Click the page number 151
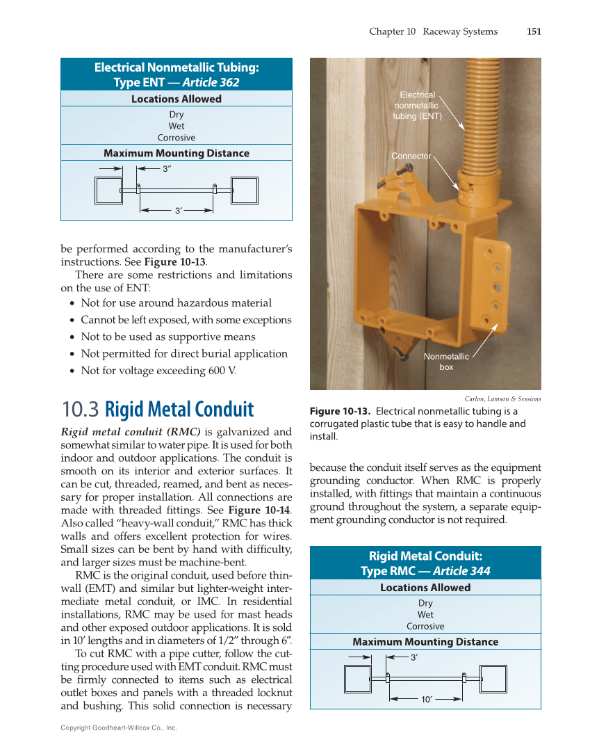pos(533,31)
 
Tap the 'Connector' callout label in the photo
pos(411,156)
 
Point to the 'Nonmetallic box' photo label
pos(446,362)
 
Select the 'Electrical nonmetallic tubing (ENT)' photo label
pos(417,106)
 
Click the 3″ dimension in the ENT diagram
pos(167,168)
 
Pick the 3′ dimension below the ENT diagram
pos(178,210)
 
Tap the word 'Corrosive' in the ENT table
pos(177,138)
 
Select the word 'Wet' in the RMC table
pos(425,615)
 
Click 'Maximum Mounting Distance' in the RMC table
pos(425,642)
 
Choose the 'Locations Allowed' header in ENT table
pos(177,99)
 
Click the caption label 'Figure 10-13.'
pos(340,411)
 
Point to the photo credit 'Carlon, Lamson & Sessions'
pos(502,399)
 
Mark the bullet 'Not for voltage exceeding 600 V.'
pos(158,371)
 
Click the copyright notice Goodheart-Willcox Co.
pos(119,727)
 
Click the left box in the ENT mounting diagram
pos(108,190)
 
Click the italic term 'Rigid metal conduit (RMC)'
pos(131,433)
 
